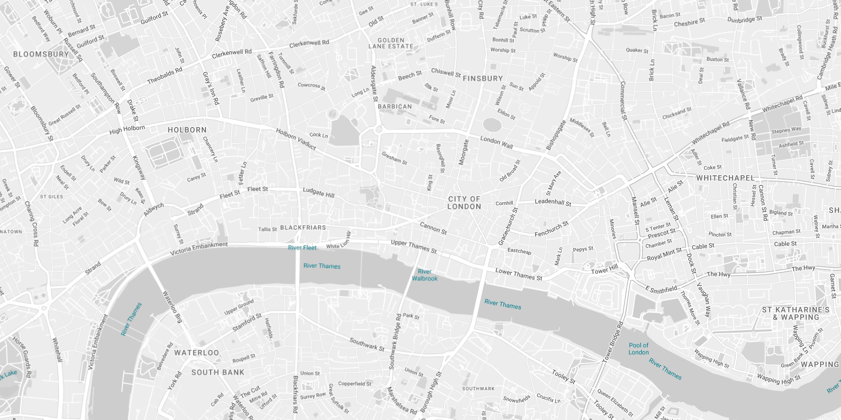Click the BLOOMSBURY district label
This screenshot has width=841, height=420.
point(41,54)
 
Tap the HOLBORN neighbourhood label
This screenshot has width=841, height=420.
point(187,130)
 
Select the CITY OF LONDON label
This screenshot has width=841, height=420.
point(464,203)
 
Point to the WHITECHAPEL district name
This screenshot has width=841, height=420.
point(725,178)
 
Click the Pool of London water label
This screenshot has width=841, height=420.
point(638,349)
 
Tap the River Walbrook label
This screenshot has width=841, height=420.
point(424,275)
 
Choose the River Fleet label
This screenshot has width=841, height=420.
point(302,248)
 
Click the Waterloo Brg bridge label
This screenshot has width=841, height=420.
point(172,307)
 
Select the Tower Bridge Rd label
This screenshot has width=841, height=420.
point(613,342)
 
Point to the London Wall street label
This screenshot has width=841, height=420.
point(496,142)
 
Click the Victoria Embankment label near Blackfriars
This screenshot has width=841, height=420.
point(199,249)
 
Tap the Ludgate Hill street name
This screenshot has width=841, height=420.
point(318,192)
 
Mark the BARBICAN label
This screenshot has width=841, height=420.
point(395,107)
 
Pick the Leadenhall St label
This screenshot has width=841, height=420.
point(553,202)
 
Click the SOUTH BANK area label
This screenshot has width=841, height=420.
point(218,372)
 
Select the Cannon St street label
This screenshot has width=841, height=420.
point(433,228)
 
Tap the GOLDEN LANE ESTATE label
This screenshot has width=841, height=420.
point(391,43)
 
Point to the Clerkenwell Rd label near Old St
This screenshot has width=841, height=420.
point(309,43)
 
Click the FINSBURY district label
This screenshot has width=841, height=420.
point(482,78)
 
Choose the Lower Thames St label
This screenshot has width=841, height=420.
point(518,274)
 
